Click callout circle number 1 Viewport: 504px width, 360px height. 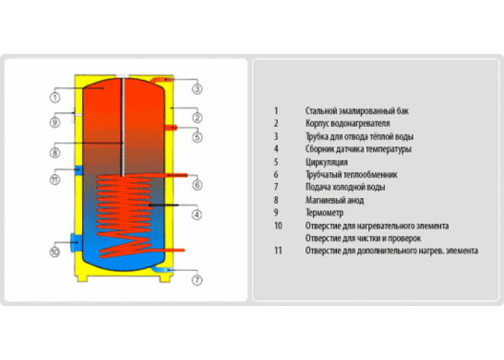[x=55, y=97]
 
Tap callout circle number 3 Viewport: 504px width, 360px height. [x=197, y=89]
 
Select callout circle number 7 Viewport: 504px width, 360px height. [x=197, y=280]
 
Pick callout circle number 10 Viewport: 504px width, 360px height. [x=55, y=252]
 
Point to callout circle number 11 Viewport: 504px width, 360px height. [x=55, y=179]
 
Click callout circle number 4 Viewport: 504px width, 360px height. [x=197, y=215]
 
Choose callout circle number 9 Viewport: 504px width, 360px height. [x=55, y=122]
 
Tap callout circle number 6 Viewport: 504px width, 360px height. [x=197, y=185]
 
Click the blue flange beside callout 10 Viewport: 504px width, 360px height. [x=76, y=242]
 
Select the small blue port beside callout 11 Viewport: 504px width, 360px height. [x=78, y=171]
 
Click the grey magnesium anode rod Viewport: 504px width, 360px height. [x=122, y=127]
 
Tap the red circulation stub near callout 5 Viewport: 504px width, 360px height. [x=171, y=127]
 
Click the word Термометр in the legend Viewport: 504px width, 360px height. [x=324, y=213]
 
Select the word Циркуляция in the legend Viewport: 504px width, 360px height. [x=327, y=162]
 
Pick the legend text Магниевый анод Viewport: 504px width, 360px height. [x=335, y=200]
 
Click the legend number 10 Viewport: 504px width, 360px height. [x=278, y=225]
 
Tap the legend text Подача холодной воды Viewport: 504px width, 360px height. [x=345, y=187]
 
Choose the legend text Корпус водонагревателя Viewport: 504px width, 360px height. [x=348, y=123]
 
